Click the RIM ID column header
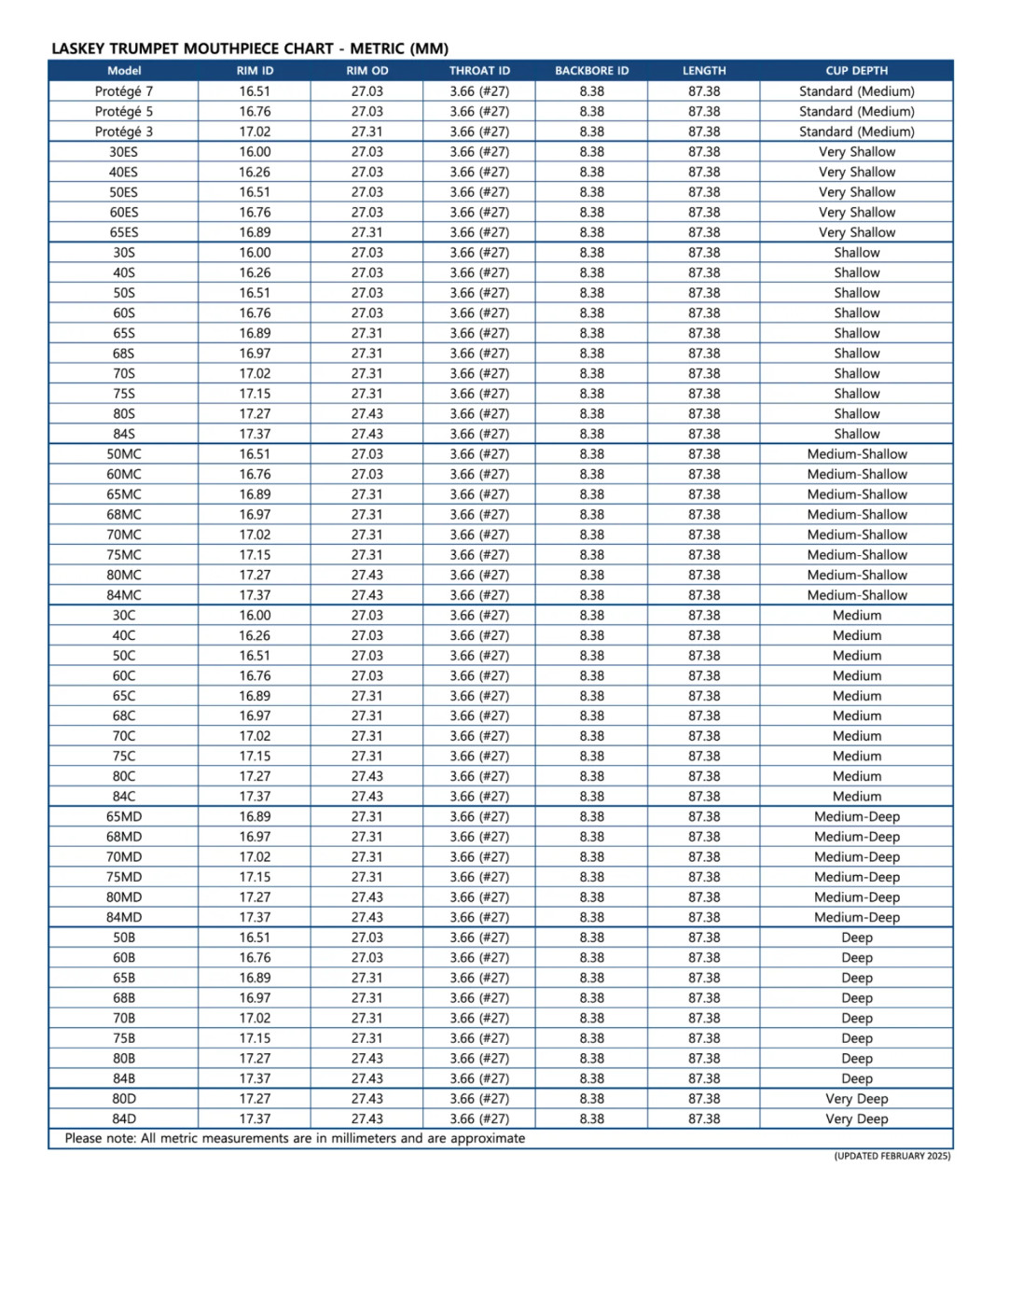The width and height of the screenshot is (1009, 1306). (x=255, y=71)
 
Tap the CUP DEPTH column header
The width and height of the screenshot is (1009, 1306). (x=856, y=71)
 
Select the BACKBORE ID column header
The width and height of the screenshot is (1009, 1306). (x=591, y=71)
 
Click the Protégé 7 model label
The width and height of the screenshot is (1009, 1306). (x=124, y=91)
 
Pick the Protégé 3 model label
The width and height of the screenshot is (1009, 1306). (x=124, y=132)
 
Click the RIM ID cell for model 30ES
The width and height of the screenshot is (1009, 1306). (x=255, y=152)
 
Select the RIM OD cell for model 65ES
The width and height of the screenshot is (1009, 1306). (x=366, y=232)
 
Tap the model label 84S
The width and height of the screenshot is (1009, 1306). (x=124, y=434)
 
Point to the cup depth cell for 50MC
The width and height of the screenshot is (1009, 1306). (x=856, y=454)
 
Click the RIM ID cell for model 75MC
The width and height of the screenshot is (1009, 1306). (x=255, y=555)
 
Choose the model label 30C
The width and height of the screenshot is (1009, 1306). (x=124, y=616)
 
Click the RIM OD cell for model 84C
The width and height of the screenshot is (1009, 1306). (x=366, y=797)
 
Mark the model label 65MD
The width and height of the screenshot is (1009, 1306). (x=124, y=817)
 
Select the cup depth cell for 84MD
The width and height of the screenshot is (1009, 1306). (x=856, y=918)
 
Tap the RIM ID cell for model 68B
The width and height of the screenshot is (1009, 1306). (x=255, y=998)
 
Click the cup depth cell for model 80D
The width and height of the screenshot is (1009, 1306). (x=856, y=1099)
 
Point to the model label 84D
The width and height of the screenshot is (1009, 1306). (x=124, y=1119)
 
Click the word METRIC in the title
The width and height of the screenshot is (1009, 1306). (x=377, y=49)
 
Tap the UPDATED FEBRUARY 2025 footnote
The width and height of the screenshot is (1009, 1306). (x=892, y=1157)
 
